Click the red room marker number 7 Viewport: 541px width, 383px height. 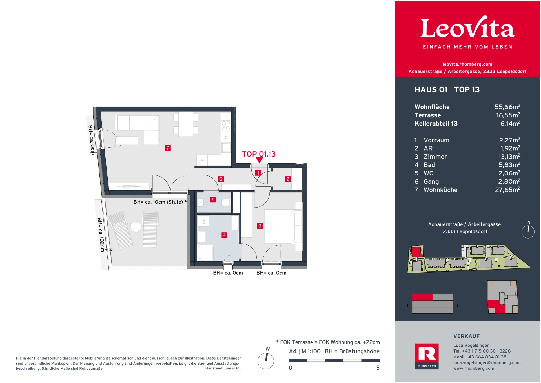point(168,148)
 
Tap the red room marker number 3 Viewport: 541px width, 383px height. point(260,226)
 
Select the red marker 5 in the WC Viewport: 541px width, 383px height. point(213,200)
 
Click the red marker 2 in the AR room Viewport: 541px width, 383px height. point(287,179)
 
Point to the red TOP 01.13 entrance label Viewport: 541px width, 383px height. point(259,154)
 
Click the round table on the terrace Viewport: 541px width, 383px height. point(136,227)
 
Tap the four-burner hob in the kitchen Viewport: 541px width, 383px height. point(226,126)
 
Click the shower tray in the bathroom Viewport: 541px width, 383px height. point(205,253)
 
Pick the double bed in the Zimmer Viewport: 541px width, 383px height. point(279,226)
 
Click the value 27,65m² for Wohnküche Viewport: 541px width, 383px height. point(507,190)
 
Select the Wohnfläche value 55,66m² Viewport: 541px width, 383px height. point(507,107)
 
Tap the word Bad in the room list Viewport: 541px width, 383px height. point(429,165)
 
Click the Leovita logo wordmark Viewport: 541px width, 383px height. point(467,28)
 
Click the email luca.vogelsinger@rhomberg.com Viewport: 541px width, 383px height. point(487,363)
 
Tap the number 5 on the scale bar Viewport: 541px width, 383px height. point(378,368)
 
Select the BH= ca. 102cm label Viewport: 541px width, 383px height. point(101,235)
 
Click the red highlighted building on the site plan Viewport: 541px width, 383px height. point(416,251)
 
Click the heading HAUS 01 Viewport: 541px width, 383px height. point(431,90)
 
